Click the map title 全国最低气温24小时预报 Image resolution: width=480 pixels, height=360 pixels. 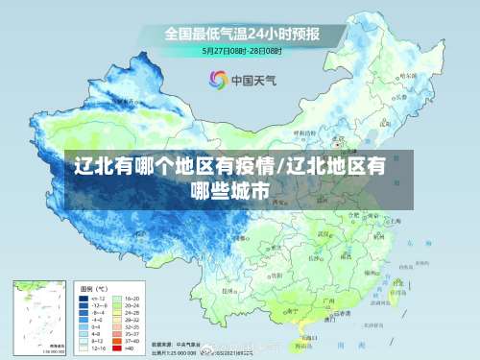[240, 33]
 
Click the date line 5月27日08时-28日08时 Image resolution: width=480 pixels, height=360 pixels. [241, 50]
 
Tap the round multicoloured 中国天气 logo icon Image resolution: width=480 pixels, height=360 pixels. [218, 79]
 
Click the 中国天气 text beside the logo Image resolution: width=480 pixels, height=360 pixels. [252, 80]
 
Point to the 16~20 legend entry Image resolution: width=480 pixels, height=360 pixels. [132, 299]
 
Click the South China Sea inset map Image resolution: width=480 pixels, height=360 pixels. [38, 316]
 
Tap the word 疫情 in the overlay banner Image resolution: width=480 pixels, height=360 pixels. [222, 166]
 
